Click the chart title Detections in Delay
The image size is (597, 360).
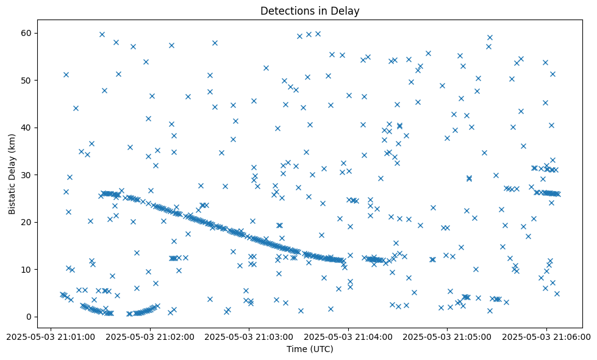[x=310, y=10]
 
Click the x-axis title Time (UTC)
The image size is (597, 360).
[x=310, y=350]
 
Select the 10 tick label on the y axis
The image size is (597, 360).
[x=26, y=269]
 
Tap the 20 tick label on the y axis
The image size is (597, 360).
[x=26, y=222]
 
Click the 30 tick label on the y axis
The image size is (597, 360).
[x=26, y=175]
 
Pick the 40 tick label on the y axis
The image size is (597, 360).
[x=26, y=128]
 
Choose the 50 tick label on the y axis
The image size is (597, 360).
[x=26, y=80]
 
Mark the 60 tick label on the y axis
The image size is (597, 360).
[x=26, y=33]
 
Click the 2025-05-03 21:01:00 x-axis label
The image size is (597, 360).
[x=51, y=336]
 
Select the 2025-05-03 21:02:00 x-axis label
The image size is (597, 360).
[x=150, y=336]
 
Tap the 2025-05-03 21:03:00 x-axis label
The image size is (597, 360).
[x=249, y=336]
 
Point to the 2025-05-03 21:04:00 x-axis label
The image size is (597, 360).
[x=348, y=336]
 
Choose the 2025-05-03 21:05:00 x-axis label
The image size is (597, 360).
[x=447, y=336]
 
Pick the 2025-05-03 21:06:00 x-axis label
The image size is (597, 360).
[x=546, y=336]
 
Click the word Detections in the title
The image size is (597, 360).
[x=285, y=10]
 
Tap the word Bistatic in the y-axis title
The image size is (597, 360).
[x=12, y=196]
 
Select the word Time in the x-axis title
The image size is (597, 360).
[x=296, y=350]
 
